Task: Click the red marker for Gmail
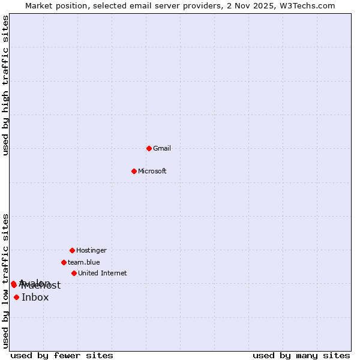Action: click(149, 148)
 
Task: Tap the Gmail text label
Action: click(162, 148)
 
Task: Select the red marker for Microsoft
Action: click(134, 171)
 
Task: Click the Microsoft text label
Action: click(152, 171)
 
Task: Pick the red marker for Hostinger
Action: click(72, 250)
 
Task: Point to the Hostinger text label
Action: click(91, 250)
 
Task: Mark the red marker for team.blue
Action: click(64, 262)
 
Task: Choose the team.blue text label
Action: click(84, 262)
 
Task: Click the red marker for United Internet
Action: click(74, 273)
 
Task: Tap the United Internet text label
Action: click(103, 273)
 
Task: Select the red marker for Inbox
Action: click(16, 297)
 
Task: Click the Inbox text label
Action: click(35, 298)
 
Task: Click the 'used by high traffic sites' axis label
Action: click(5, 85)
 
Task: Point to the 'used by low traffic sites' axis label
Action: click(5, 281)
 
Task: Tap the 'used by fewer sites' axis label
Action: click(62, 355)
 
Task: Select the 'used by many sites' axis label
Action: click(301, 355)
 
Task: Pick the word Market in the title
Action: click(39, 5)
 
